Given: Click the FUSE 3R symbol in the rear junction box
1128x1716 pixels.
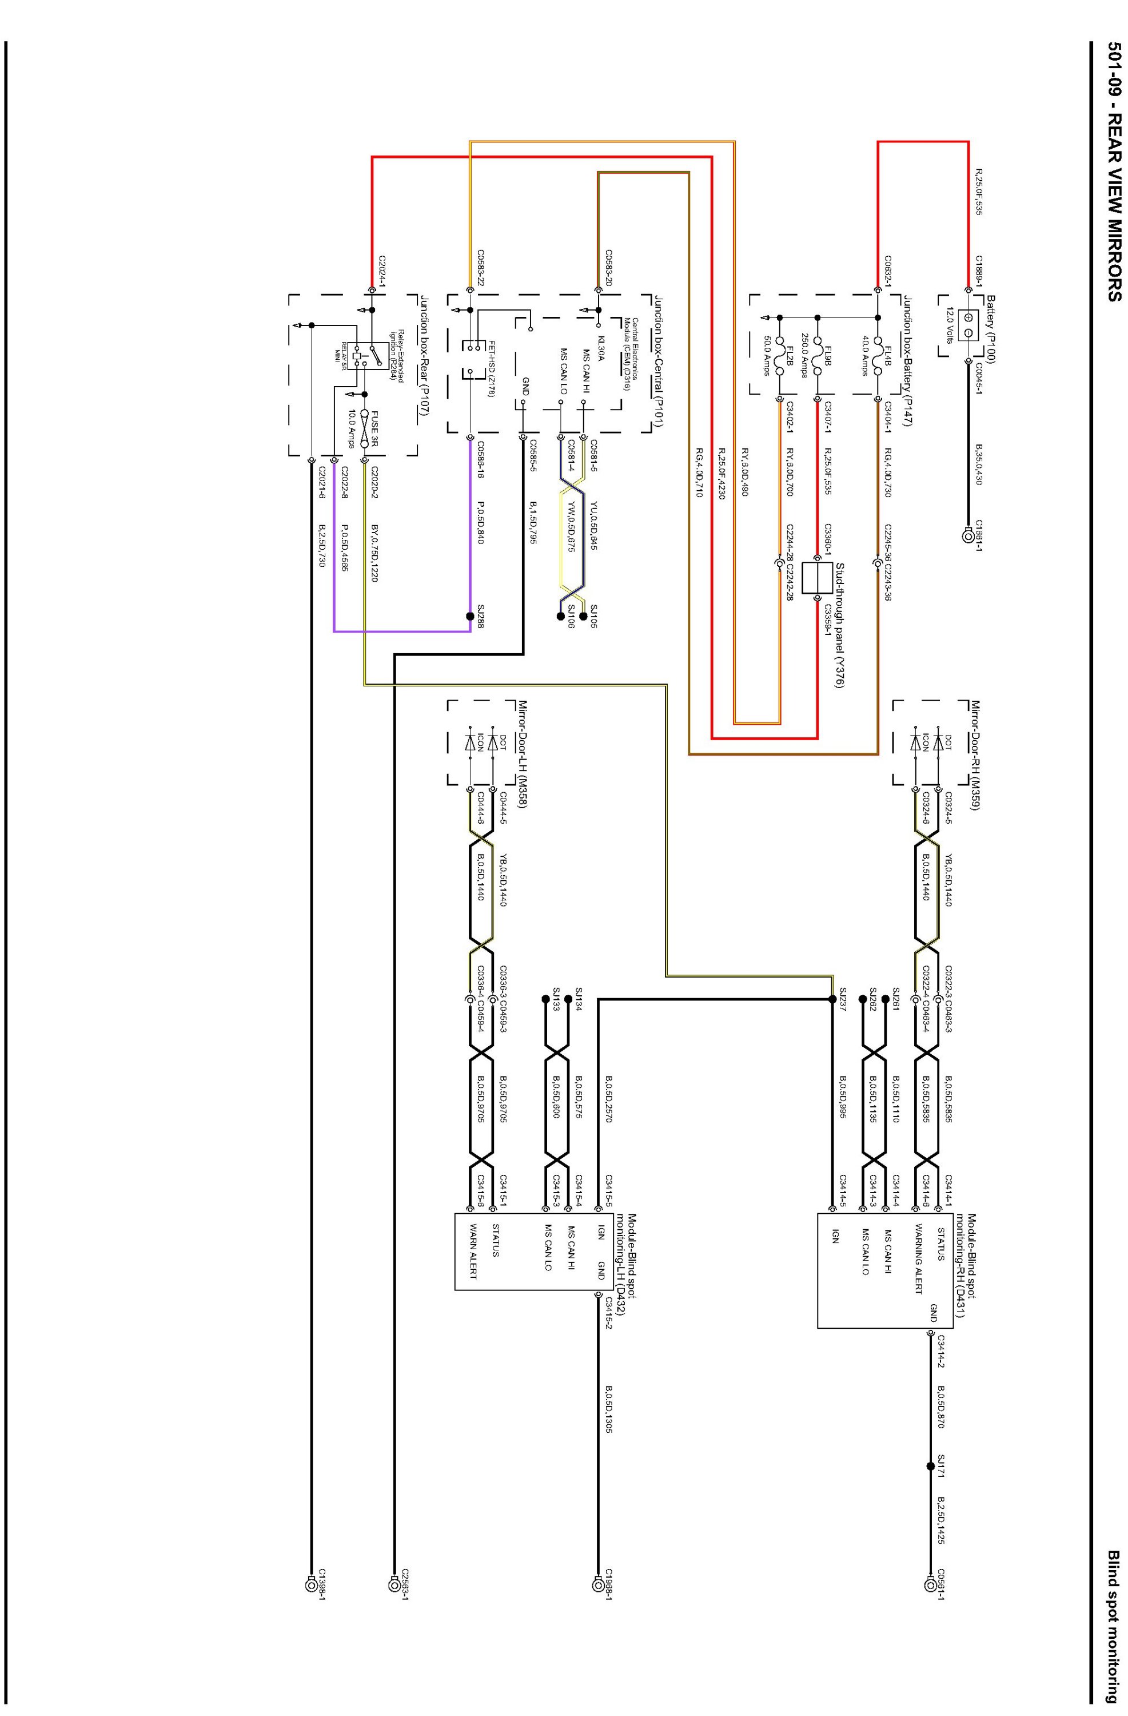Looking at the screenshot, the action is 365,427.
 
